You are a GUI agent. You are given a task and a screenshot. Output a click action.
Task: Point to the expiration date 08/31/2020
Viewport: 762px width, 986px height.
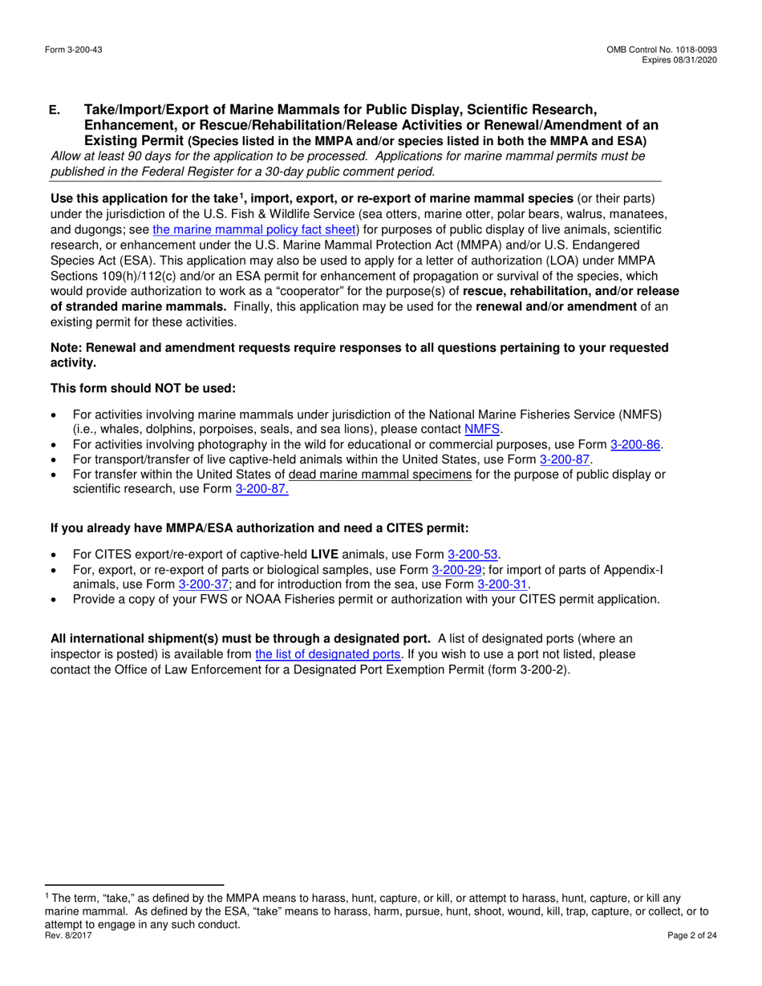(695, 60)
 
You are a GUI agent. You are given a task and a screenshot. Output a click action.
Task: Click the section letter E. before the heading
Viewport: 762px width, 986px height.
(55, 110)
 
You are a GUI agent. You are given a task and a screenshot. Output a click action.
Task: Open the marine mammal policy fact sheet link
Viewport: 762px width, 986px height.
(254, 228)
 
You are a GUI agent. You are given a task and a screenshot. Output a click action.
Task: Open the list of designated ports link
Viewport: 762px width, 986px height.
(327, 654)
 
